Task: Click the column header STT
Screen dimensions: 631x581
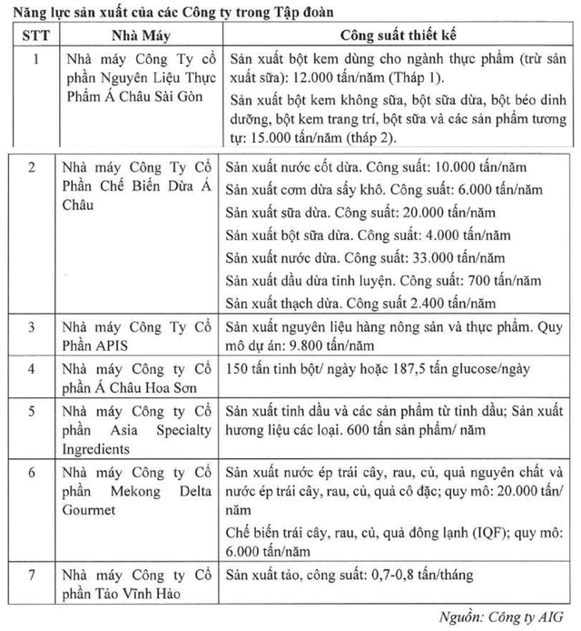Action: tap(35, 35)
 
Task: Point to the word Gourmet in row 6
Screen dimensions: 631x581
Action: tap(91, 510)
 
